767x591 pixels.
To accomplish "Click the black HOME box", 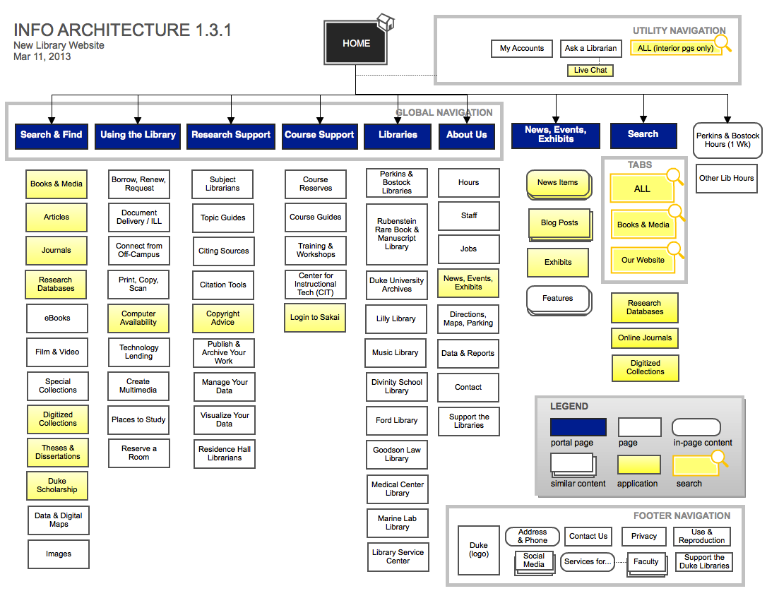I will pos(356,43).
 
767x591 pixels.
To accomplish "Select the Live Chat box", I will pos(590,71).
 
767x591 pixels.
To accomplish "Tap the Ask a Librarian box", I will pos(590,49).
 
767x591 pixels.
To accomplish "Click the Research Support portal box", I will pos(231,135).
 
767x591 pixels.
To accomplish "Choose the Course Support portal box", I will pos(319,135).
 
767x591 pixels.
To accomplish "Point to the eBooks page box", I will pos(57,318).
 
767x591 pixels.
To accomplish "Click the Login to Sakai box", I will pos(315,318).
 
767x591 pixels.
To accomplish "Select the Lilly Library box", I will pos(396,319).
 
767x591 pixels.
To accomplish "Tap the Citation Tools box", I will pos(223,285).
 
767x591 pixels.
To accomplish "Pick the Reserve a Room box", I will pos(139,453).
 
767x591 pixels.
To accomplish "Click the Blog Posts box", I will pos(559,223).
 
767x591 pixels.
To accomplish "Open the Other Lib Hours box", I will pos(726,179).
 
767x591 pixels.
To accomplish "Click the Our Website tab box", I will pos(642,261).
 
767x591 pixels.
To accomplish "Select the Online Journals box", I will pos(645,338).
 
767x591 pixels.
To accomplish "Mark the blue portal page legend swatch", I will pos(578,427).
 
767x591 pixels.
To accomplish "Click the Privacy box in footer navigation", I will pos(644,537).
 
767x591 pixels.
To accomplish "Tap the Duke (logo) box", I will pos(479,550).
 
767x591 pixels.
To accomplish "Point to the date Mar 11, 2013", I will pos(42,56).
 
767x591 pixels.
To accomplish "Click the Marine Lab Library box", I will pos(397,523).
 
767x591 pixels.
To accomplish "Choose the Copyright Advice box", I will pos(223,318).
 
